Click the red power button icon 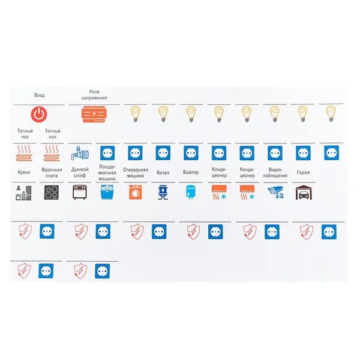[x=39, y=115]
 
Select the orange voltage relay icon [x=94, y=114]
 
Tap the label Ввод [x=39, y=95]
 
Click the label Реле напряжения [x=94, y=95]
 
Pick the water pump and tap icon [x=80, y=153]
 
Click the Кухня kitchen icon [x=23, y=193]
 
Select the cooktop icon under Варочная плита [x=52, y=193]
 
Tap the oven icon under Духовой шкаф [x=80, y=192]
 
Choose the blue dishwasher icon [x=107, y=192]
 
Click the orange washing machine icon [x=136, y=192]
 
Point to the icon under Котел [x=163, y=193]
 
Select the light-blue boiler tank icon [x=191, y=192]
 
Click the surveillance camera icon [x=275, y=193]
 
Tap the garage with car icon [x=304, y=193]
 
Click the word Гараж [x=303, y=172]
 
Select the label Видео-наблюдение [x=275, y=173]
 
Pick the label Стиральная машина [x=136, y=173]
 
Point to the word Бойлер [x=191, y=172]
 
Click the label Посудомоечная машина [x=107, y=173]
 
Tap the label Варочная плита [x=52, y=173]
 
